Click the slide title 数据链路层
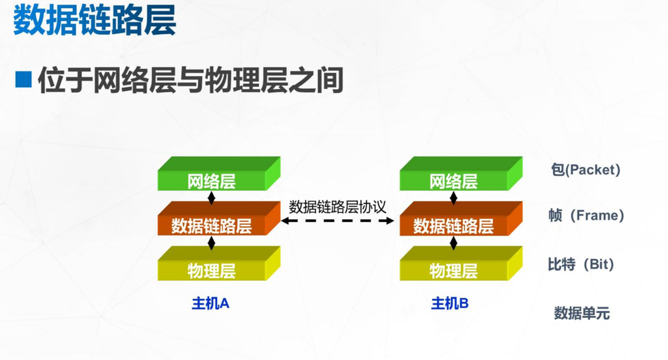click(94, 21)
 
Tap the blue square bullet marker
click(23, 79)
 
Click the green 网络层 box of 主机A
click(219, 173)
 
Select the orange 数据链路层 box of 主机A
click(219, 218)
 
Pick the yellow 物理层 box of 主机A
click(219, 263)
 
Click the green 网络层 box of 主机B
click(461, 173)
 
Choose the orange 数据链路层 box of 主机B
click(461, 218)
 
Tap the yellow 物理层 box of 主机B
click(461, 263)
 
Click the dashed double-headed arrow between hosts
click(337, 221)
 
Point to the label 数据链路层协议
click(337, 207)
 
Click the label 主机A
click(211, 304)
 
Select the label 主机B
click(450, 304)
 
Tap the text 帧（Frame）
click(586, 215)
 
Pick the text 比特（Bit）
click(581, 264)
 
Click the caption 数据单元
click(582, 313)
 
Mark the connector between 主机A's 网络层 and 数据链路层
click(212, 198)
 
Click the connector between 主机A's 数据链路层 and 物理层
click(212, 243)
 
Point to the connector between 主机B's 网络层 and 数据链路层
click(453, 198)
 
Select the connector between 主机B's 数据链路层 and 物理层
click(453, 243)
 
